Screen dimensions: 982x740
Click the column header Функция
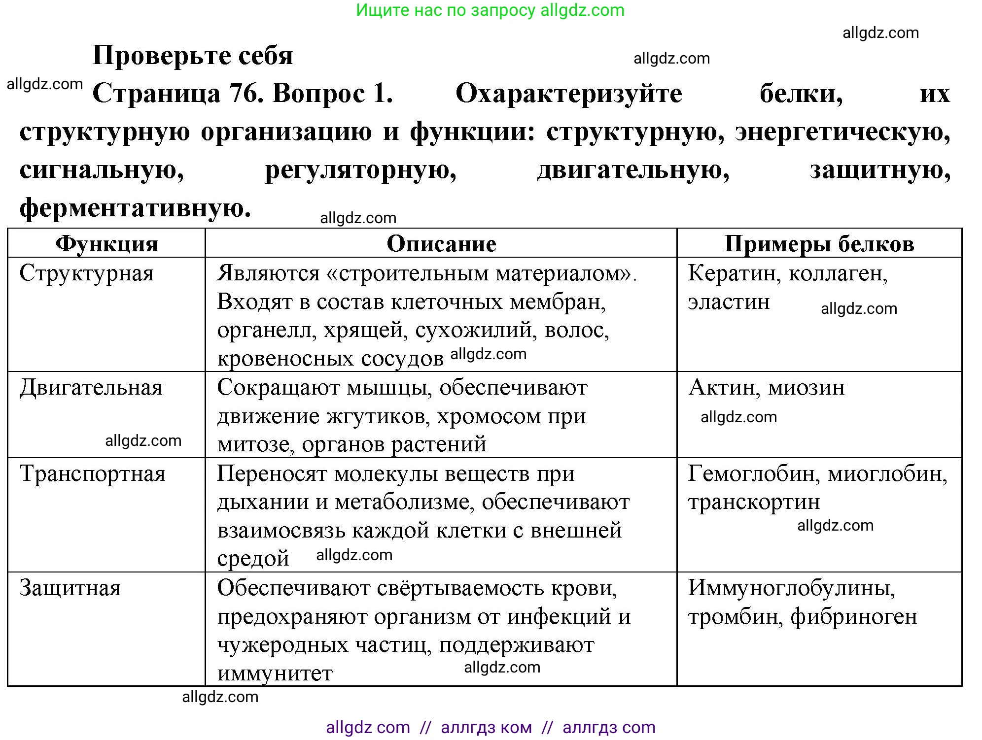pos(106,244)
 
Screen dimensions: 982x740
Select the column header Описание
pos(441,244)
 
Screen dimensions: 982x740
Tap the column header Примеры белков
pos(819,244)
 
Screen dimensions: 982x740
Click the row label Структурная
pos(87,273)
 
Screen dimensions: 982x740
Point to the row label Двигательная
pos(91,388)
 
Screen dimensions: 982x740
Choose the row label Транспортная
pos(93,473)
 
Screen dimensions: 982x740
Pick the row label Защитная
pos(70,588)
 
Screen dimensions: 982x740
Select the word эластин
pos(729,302)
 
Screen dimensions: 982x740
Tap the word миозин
pos(807,388)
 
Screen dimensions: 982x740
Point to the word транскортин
pos(754,502)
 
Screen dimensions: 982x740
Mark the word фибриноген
pos(854,617)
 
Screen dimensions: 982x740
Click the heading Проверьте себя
pos(193,55)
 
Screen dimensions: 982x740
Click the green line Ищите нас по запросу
pos(490,10)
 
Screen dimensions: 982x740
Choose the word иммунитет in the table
pos(275,673)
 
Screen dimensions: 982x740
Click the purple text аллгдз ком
pos(486,727)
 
